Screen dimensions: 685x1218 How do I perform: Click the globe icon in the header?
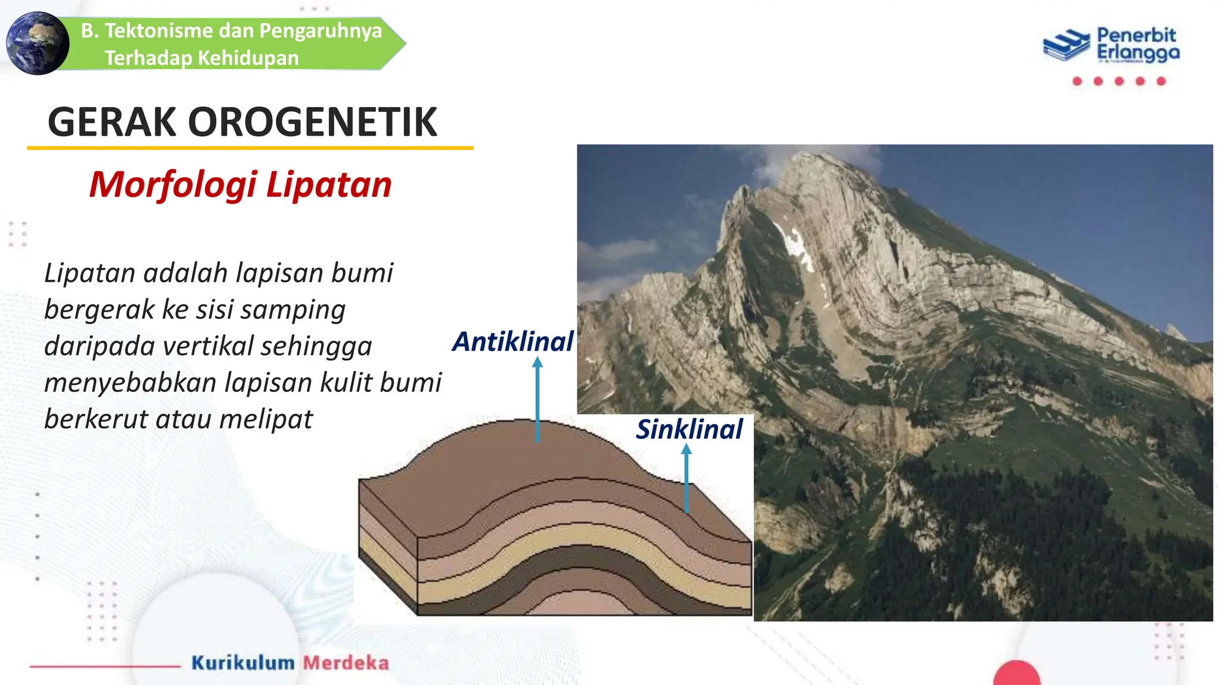pos(37,43)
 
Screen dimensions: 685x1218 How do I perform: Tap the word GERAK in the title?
pos(112,122)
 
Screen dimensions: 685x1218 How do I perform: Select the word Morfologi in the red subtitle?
pos(173,185)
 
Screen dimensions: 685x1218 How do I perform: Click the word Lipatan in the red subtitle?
pos(329,185)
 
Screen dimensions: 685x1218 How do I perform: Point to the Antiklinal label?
pos(513,342)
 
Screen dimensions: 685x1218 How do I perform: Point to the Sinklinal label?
pos(689,429)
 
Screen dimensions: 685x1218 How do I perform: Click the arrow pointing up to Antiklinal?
pos(538,398)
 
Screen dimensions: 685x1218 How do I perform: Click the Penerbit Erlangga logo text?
pos(1137,44)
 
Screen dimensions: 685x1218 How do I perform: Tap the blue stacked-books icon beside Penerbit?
pos(1067,45)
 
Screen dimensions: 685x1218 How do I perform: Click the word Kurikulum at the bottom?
pos(243,662)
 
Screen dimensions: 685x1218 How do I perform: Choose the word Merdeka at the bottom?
pos(346,662)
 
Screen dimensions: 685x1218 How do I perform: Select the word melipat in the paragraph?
pos(266,419)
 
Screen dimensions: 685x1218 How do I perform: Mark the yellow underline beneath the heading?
pos(250,147)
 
